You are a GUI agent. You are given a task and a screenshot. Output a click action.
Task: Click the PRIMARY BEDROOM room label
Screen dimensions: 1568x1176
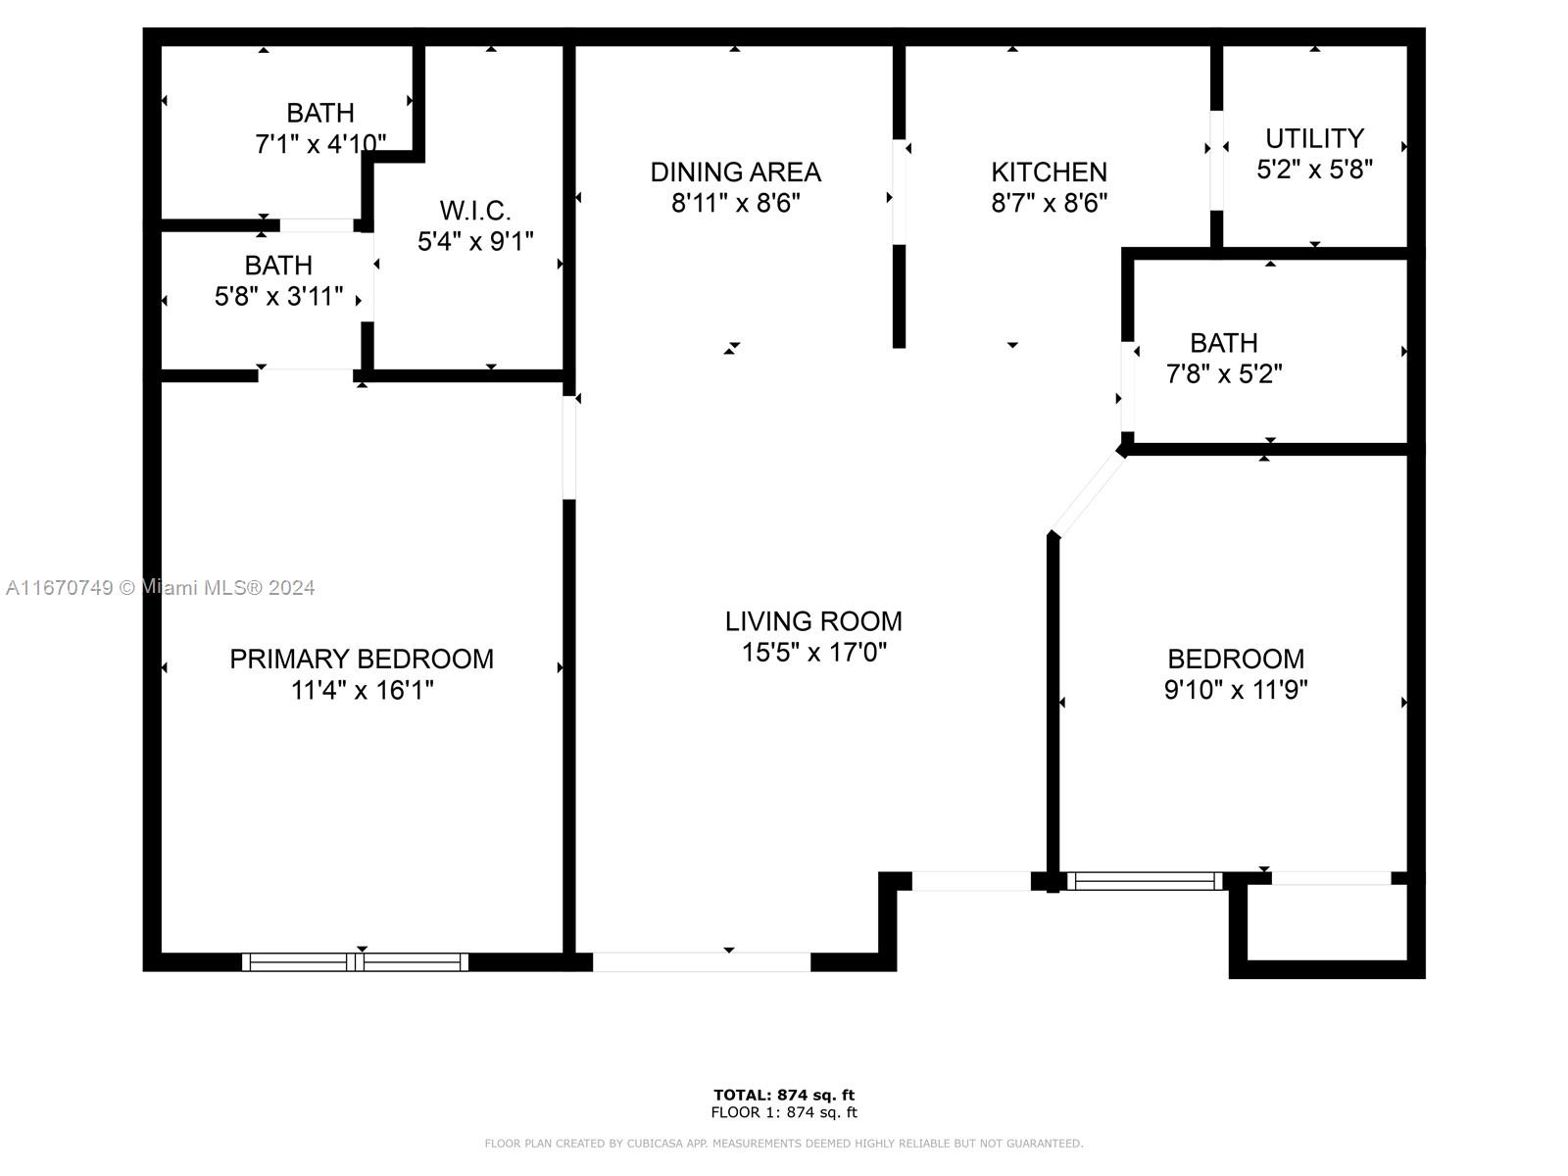tap(362, 659)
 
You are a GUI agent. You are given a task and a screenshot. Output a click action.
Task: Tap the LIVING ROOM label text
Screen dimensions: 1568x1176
tap(813, 621)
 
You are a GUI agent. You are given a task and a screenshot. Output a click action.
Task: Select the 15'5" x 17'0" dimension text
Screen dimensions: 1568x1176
tap(813, 653)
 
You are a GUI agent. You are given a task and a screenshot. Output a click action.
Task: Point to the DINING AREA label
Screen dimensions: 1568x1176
tap(736, 172)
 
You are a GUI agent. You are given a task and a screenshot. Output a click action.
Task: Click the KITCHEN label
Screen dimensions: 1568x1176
tap(1049, 172)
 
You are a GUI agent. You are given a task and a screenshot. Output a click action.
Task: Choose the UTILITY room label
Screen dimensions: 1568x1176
tap(1314, 138)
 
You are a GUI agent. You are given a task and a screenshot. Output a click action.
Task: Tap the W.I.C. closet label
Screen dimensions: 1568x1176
tap(475, 211)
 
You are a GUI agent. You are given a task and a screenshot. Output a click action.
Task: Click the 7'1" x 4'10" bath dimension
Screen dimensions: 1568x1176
tap(320, 144)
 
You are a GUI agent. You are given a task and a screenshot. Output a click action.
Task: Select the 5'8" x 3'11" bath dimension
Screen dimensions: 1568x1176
tap(278, 296)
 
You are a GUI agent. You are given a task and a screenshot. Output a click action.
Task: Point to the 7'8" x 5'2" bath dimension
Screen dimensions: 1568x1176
tap(1224, 373)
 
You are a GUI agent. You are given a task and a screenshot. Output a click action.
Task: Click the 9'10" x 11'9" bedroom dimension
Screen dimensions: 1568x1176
tap(1236, 690)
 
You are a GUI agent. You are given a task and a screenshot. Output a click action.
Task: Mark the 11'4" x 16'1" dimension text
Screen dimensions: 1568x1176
tap(362, 691)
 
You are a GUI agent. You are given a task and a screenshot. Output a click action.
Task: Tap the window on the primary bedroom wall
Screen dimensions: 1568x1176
tap(355, 961)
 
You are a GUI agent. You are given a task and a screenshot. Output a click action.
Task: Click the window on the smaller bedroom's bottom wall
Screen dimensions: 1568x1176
tap(1145, 881)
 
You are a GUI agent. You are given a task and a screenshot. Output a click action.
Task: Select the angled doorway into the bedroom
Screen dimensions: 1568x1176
tap(1088, 494)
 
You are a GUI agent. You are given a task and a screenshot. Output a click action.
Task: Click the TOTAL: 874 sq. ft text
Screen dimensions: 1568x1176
tap(784, 1095)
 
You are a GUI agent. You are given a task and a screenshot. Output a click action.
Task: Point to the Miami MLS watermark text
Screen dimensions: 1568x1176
tap(160, 588)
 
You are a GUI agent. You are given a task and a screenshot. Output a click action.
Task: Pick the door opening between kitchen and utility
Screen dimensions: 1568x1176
tap(1216, 161)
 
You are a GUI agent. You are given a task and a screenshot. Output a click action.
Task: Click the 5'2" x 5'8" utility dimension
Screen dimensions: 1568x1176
tap(1314, 170)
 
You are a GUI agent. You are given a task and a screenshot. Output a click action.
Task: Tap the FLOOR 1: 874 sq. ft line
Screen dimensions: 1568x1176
tap(784, 1112)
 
